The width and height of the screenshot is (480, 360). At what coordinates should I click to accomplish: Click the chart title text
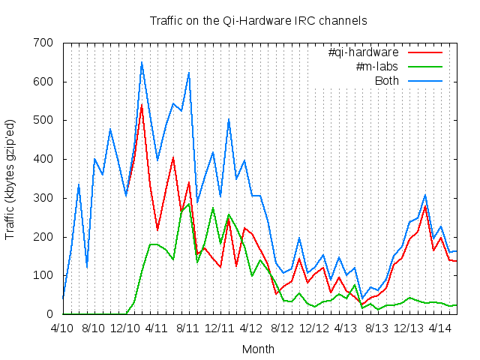point(258,19)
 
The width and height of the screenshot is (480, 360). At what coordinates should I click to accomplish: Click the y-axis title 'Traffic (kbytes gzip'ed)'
point(10,178)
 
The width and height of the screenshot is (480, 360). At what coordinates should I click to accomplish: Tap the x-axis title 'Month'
point(258,349)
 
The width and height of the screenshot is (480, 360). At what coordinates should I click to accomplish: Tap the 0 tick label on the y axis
point(49,314)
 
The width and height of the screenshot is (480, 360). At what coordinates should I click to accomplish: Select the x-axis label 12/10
point(124,328)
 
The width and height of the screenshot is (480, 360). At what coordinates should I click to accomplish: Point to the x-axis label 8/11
point(187,328)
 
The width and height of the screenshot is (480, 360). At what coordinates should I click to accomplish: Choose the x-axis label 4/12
point(250,328)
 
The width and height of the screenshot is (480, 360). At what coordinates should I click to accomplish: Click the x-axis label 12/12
point(313,328)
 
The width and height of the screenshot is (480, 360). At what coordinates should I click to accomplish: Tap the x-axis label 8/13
point(376,328)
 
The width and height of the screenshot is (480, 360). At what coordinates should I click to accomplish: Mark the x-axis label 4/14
point(439,328)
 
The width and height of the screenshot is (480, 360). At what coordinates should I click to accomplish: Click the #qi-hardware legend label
point(364,52)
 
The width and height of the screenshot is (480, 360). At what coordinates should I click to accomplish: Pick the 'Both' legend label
point(387,81)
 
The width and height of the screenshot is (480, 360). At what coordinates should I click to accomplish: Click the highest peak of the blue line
point(141,62)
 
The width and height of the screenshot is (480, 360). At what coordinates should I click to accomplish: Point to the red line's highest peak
point(141,105)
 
